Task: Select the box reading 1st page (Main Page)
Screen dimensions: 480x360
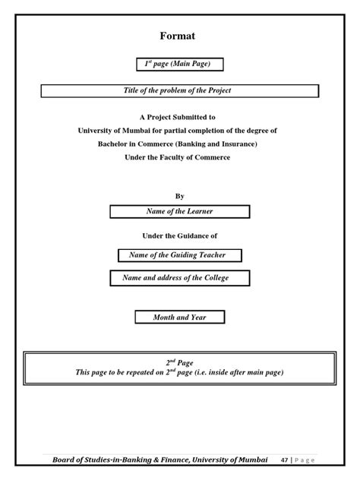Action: click(x=179, y=64)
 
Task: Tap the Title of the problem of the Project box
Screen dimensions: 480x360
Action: click(x=178, y=90)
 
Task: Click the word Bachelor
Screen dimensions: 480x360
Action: click(x=115, y=144)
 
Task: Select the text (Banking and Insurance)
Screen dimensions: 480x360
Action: click(x=219, y=144)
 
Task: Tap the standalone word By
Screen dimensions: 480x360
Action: click(x=180, y=196)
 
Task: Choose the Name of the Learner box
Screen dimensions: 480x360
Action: click(x=179, y=211)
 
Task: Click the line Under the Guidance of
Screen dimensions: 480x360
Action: click(x=179, y=236)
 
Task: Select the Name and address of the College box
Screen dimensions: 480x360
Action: click(x=175, y=278)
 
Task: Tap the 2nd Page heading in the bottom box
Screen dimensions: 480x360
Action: click(x=179, y=362)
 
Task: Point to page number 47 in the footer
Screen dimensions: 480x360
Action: click(x=284, y=459)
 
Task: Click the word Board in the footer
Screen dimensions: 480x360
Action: click(x=67, y=459)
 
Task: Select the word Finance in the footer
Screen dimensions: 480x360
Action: click(x=173, y=459)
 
